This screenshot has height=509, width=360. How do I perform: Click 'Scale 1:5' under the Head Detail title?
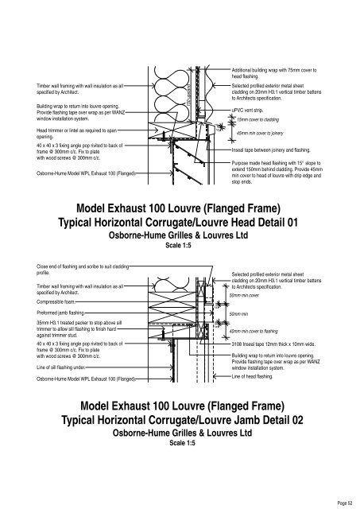[179, 246]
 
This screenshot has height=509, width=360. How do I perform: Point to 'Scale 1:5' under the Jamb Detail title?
[179, 443]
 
